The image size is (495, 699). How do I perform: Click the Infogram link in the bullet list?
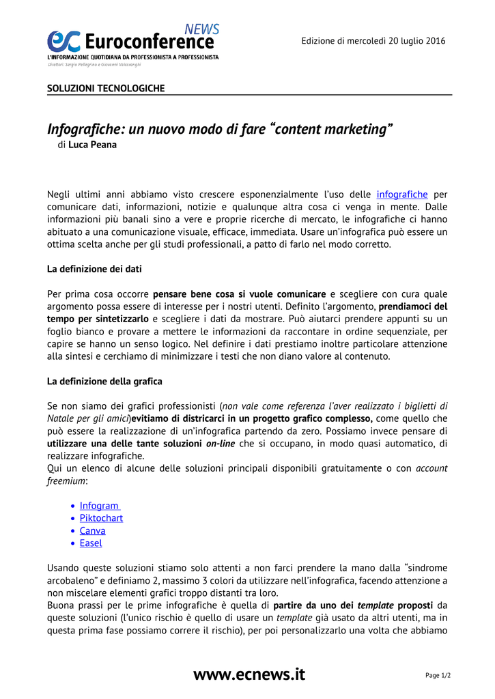pyautogui.click(x=99, y=506)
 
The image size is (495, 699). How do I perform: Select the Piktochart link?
pyautogui.click(x=101, y=518)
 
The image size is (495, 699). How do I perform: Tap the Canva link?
pyautogui.click(x=92, y=530)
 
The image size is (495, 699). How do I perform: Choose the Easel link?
pyautogui.click(x=91, y=543)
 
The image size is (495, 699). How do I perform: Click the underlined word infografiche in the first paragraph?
pyautogui.click(x=402, y=195)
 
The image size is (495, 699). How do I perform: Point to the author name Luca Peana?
pyautogui.click(x=92, y=145)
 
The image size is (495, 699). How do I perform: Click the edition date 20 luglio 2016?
pyautogui.click(x=408, y=41)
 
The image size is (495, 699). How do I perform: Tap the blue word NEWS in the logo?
pyautogui.click(x=202, y=29)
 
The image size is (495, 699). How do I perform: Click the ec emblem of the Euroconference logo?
pyautogui.click(x=63, y=42)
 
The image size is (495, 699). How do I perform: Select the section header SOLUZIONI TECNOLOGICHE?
pyautogui.click(x=106, y=89)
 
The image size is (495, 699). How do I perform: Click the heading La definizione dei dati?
pyautogui.click(x=94, y=269)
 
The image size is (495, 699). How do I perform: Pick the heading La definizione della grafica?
pyautogui.click(x=104, y=381)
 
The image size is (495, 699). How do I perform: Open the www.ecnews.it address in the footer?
pyautogui.click(x=249, y=674)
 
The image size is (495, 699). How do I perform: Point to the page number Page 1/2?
pyautogui.click(x=438, y=676)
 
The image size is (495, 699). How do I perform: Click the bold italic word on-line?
pyautogui.click(x=221, y=444)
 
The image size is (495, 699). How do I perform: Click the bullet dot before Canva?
pyautogui.click(x=72, y=531)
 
